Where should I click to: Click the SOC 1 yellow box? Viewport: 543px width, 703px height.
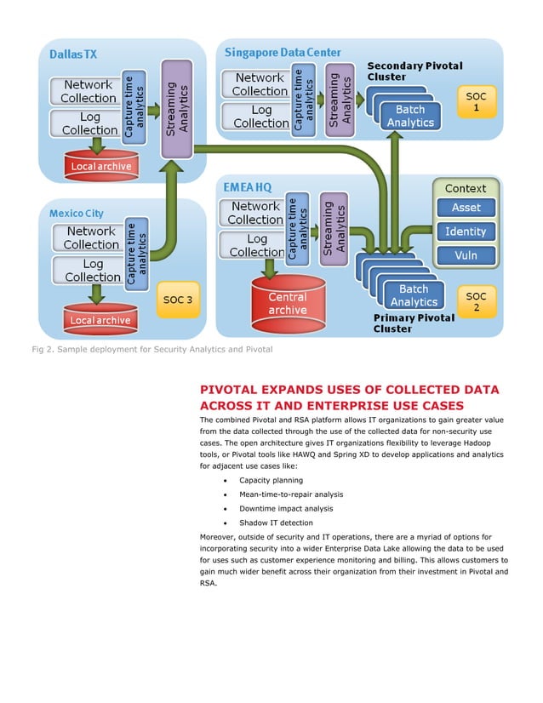(477, 102)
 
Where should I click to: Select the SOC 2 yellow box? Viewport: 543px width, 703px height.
(476, 300)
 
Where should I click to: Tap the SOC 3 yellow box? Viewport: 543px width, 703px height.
(178, 300)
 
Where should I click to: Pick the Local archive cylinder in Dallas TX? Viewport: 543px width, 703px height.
(101, 164)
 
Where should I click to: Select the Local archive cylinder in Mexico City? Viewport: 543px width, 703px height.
(100, 319)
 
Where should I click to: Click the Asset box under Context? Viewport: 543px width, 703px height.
(466, 208)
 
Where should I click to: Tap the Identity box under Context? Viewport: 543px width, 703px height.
(466, 231)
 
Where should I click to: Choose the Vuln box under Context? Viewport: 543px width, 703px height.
(466, 255)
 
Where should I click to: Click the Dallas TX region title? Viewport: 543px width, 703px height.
(73, 54)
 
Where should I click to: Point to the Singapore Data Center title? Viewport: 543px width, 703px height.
(283, 52)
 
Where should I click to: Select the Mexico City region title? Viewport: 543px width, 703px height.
(77, 213)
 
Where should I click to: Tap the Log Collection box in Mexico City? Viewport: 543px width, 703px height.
(92, 271)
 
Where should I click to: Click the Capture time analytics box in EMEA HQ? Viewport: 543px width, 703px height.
(297, 228)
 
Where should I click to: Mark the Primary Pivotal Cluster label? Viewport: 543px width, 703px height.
(414, 323)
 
